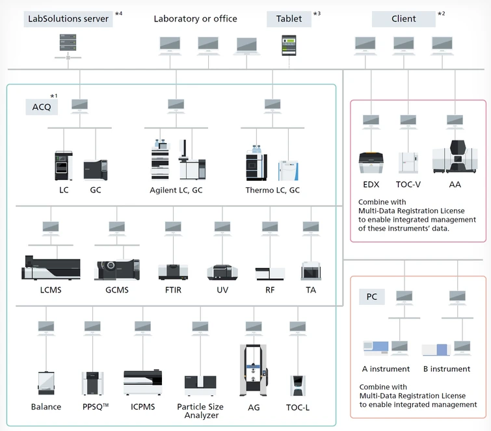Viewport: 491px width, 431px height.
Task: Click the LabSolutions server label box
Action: point(68,18)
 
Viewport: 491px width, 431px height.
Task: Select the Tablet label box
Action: point(289,18)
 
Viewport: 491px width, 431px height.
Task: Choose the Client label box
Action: point(403,18)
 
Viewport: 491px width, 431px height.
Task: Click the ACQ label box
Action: point(42,107)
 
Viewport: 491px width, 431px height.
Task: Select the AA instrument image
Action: point(455,157)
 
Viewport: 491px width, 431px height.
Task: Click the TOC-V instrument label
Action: point(408,185)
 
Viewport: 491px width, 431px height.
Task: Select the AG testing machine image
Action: point(254,371)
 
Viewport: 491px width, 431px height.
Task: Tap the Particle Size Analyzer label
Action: point(200,411)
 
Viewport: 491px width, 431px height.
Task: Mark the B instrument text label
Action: point(446,369)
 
